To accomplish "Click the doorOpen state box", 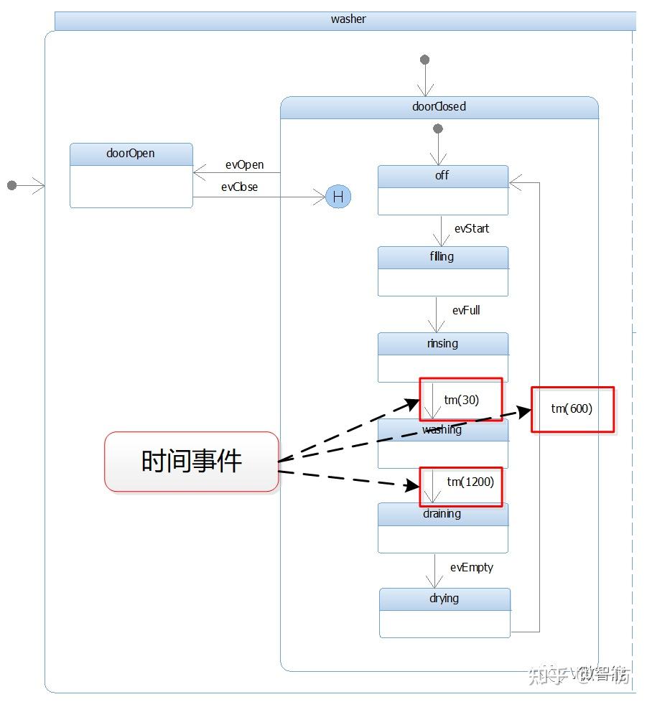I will [131, 176].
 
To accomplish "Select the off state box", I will [443, 190].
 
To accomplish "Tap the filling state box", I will [443, 271].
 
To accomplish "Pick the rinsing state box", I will [443, 357].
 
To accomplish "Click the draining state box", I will [443, 528].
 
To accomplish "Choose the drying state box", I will [444, 613].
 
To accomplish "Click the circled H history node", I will [338, 197].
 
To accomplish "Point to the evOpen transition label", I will [244, 165].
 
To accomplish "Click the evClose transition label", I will [239, 187].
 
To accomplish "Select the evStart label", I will [472, 228].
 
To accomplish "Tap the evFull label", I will [466, 310].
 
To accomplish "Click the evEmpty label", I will [472, 567].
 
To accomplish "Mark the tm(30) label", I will [461, 400].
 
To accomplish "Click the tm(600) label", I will [572, 408].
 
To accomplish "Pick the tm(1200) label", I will [470, 482].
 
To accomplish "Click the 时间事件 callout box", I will [192, 462].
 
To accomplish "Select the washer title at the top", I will [348, 19].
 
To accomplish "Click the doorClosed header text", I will [439, 107].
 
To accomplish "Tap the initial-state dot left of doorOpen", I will [11, 185].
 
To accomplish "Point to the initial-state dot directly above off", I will [438, 129].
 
